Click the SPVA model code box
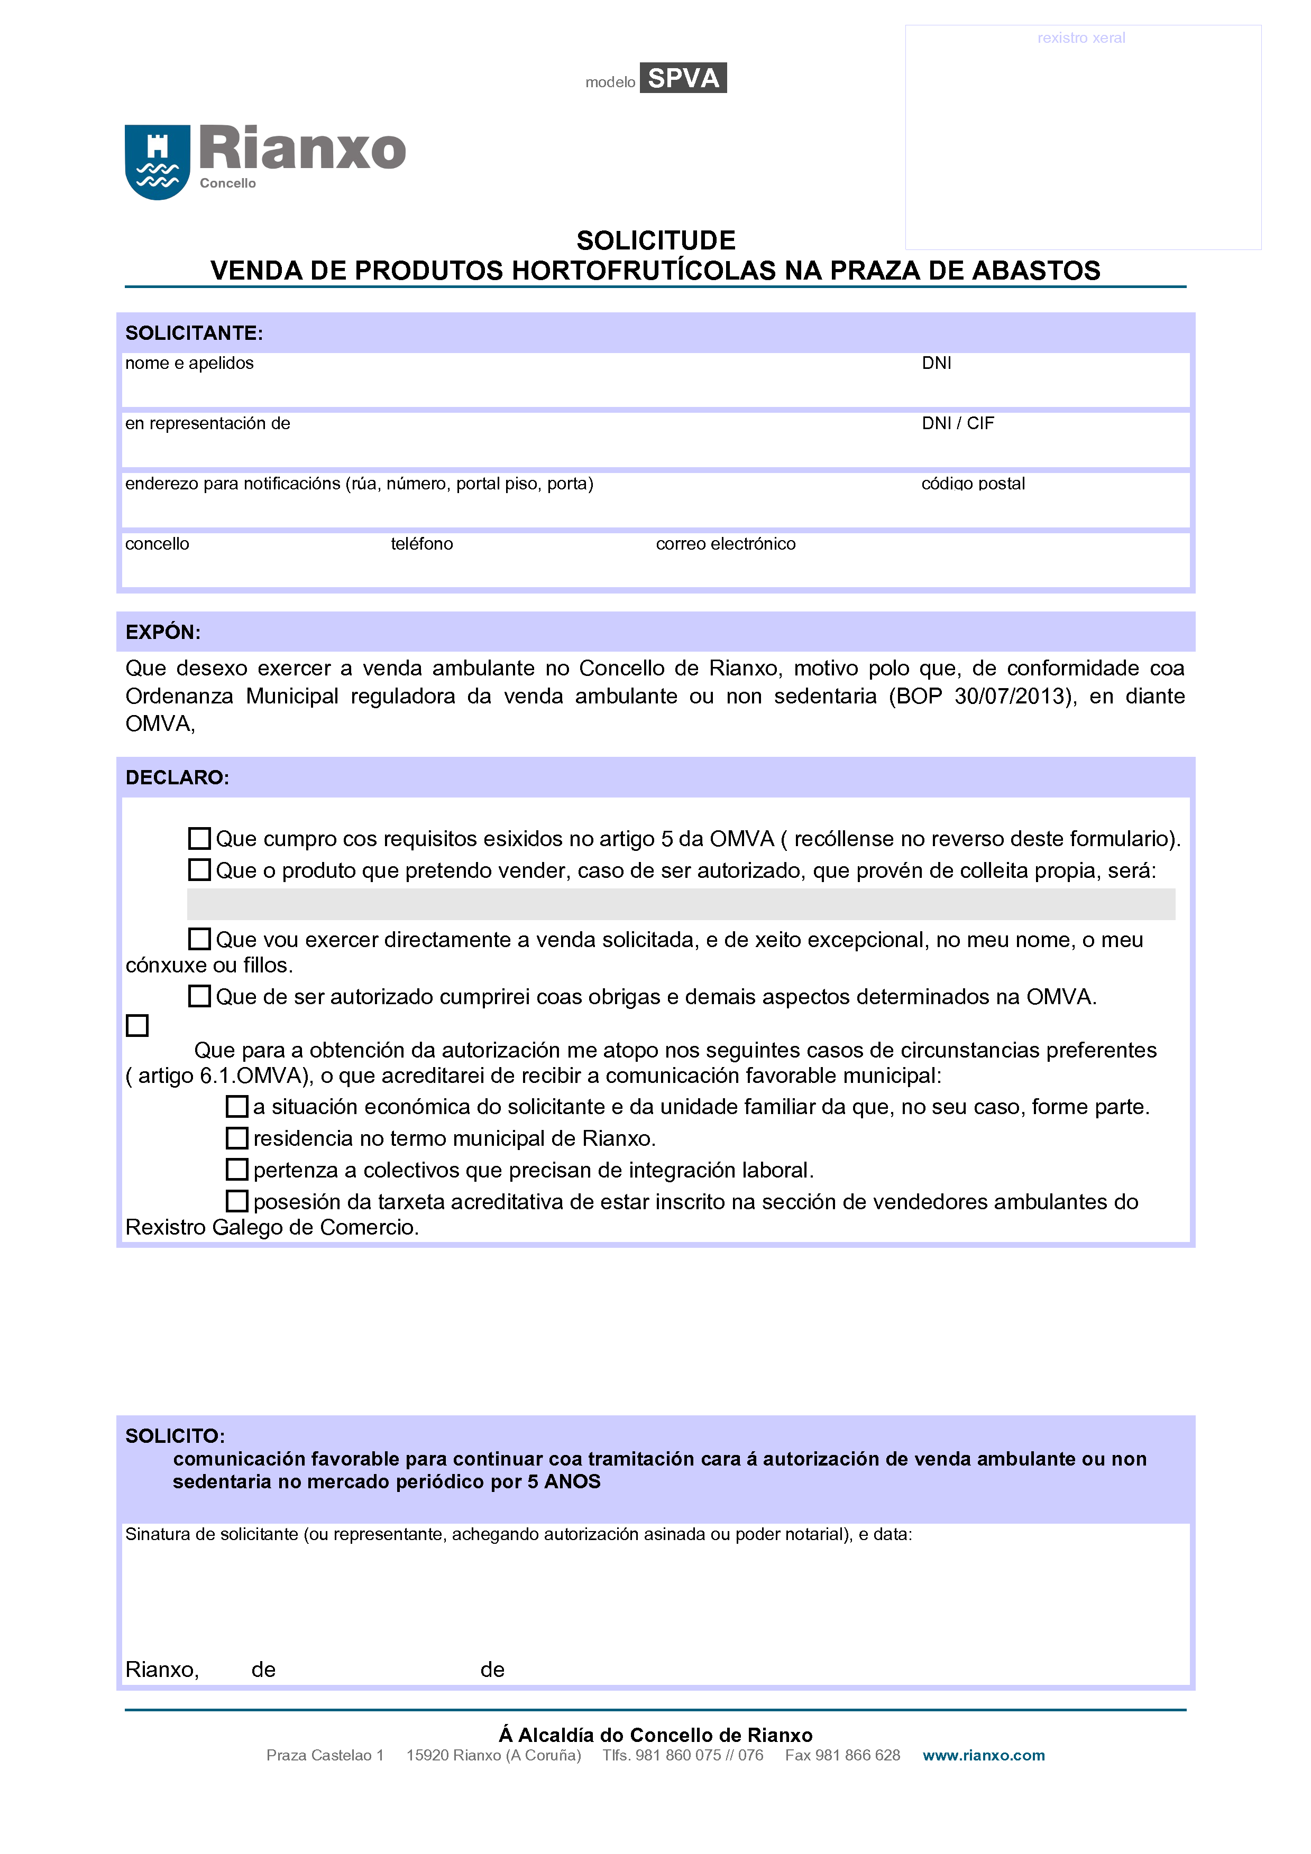[x=683, y=78]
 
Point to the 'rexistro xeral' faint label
[x=1081, y=38]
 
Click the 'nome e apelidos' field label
[x=189, y=364]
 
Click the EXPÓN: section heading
[x=162, y=632]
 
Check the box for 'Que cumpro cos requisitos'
[x=199, y=838]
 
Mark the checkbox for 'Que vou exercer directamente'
[x=199, y=939]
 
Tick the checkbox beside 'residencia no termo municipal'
[x=237, y=1138]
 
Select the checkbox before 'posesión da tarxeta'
[x=237, y=1201]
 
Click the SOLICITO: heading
[x=175, y=1436]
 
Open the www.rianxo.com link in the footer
[x=983, y=1756]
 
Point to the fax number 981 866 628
[x=842, y=1756]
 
